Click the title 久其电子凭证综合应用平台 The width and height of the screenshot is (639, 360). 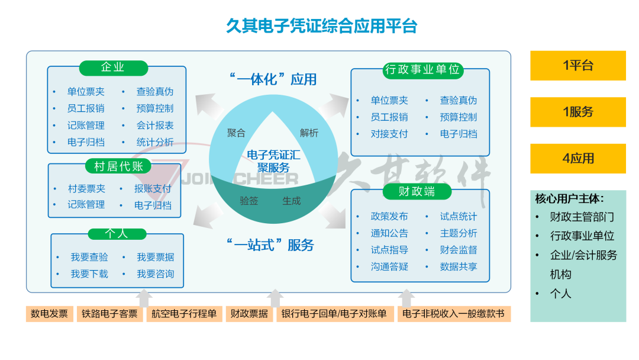pos(322,26)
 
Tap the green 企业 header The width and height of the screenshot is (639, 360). pos(112,67)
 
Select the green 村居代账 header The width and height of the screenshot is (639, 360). pos(118,166)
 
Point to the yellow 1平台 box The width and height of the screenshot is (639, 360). pos(577,66)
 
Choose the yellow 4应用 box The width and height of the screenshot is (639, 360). pos(577,159)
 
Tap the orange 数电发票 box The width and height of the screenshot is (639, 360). pos(50,314)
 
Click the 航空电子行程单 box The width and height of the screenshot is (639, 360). pos(184,314)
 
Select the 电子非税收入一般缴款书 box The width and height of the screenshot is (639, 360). pos(453,314)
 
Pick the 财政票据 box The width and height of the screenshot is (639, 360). pos(249,314)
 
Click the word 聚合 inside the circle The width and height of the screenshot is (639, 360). pos(236,133)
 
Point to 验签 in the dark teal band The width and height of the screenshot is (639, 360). pos(248,201)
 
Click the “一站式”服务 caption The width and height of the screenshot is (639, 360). pos(270,245)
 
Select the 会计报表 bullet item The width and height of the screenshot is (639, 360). pos(155,126)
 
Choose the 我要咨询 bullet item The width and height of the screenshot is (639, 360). pos(156,274)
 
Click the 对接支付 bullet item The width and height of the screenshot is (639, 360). pos(389,134)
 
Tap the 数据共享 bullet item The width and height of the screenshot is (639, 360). pos(458,267)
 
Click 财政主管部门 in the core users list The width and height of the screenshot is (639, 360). pos(582,217)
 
